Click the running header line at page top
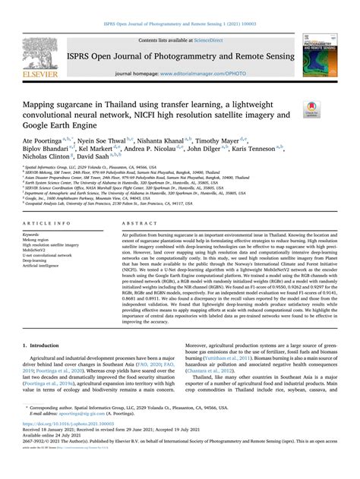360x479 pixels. pyautogui.click(x=180, y=5)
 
